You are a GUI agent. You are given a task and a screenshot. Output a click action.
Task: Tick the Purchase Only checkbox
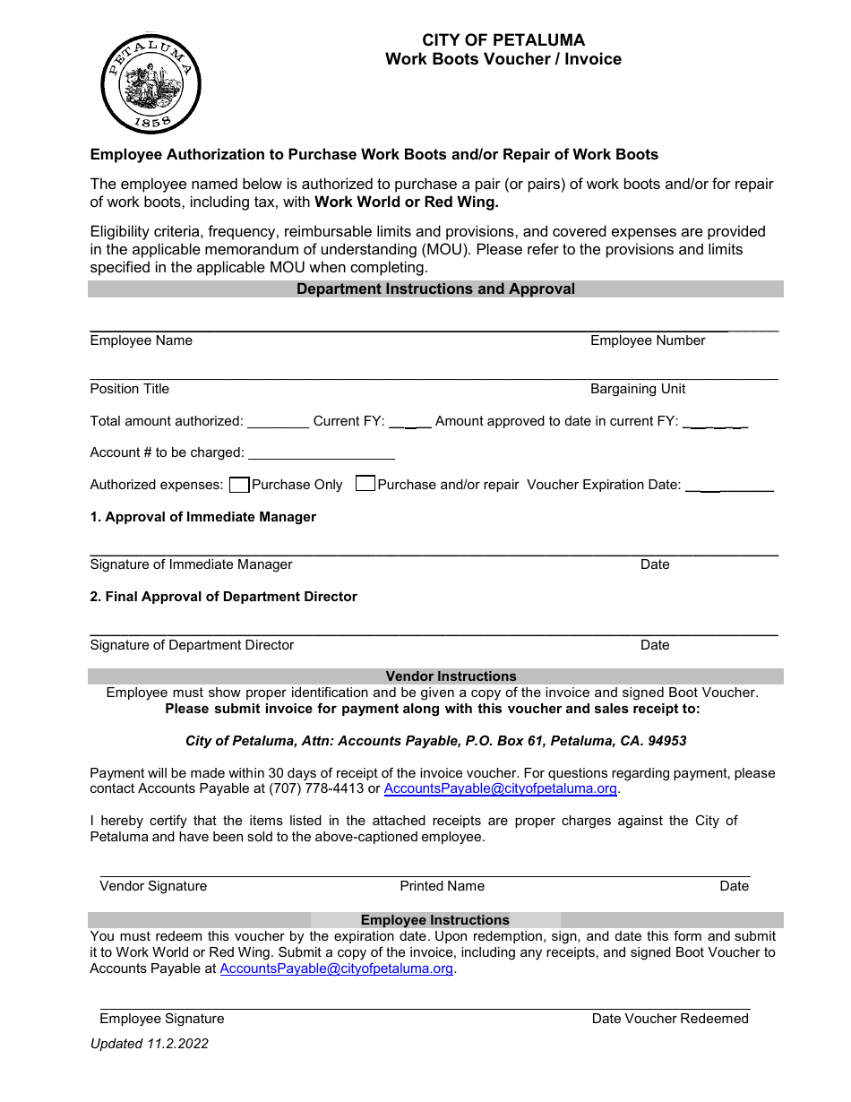pos(239,485)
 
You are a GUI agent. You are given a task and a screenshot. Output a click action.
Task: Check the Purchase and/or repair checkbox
pos(365,484)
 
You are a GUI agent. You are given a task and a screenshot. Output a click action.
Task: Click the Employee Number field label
pos(648,340)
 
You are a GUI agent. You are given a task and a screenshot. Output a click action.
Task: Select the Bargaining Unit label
pos(638,389)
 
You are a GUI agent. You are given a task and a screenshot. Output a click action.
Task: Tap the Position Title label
pos(129,389)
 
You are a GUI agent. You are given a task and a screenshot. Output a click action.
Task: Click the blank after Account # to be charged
pos(321,453)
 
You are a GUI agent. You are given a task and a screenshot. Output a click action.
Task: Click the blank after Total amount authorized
pos(278,422)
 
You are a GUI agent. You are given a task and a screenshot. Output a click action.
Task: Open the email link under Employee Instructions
pos(337,969)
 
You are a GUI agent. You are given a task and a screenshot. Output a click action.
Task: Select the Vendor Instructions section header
pos(451,676)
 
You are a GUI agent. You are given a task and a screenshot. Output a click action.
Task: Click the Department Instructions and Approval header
pos(435,289)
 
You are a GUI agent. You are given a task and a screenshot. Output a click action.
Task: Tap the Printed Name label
pos(442,886)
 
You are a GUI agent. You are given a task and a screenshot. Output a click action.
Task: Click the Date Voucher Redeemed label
pos(670,1019)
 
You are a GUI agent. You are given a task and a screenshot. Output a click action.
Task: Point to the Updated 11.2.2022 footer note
pos(149,1044)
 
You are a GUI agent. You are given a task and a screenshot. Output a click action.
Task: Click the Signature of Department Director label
pos(192,645)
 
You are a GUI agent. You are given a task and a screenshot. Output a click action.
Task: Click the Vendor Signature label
pos(153,886)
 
